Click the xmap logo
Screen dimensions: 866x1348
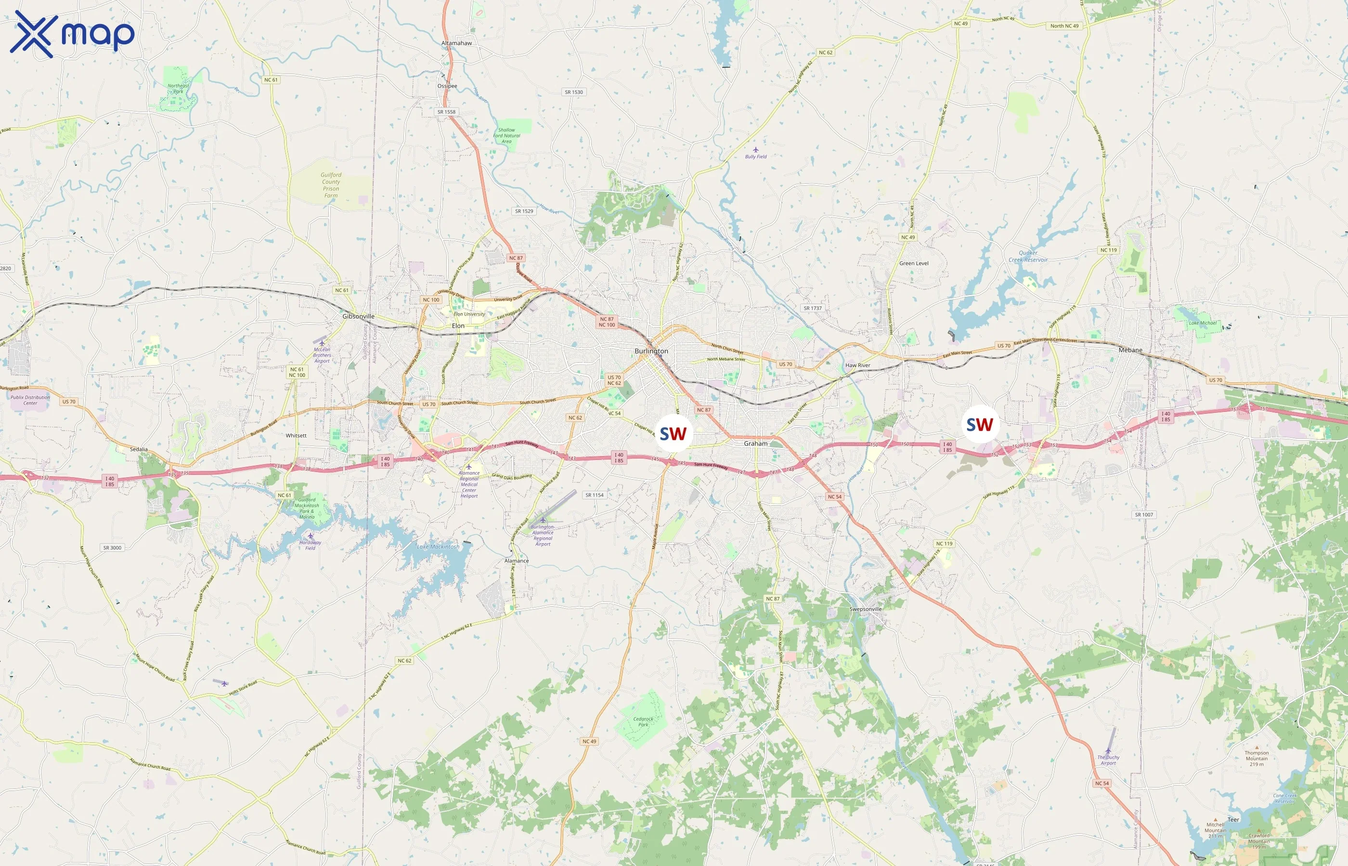coord(72,34)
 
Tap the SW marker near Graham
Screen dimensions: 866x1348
coord(673,433)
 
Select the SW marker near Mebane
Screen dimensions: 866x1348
coord(980,424)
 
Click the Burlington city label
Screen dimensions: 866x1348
coord(651,351)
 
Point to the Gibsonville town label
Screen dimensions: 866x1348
coord(358,316)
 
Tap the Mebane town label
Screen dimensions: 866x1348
coord(1130,350)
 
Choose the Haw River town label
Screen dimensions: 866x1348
coord(857,365)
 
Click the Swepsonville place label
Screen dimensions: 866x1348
coord(865,609)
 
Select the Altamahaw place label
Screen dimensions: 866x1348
coord(456,43)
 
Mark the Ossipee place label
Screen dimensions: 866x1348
coord(447,86)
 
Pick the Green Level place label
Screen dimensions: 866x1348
coord(914,263)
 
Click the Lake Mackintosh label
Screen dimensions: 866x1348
coord(438,547)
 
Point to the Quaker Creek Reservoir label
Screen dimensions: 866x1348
coord(1028,256)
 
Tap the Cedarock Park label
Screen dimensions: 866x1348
coord(643,722)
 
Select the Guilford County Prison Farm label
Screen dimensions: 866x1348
coord(331,185)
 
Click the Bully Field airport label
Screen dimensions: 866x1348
coord(755,156)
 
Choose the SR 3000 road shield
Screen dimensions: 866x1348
coord(112,548)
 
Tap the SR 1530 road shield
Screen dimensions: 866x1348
coord(574,92)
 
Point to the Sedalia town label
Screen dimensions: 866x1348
coord(138,449)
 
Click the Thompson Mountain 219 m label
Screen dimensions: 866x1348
coord(1257,758)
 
